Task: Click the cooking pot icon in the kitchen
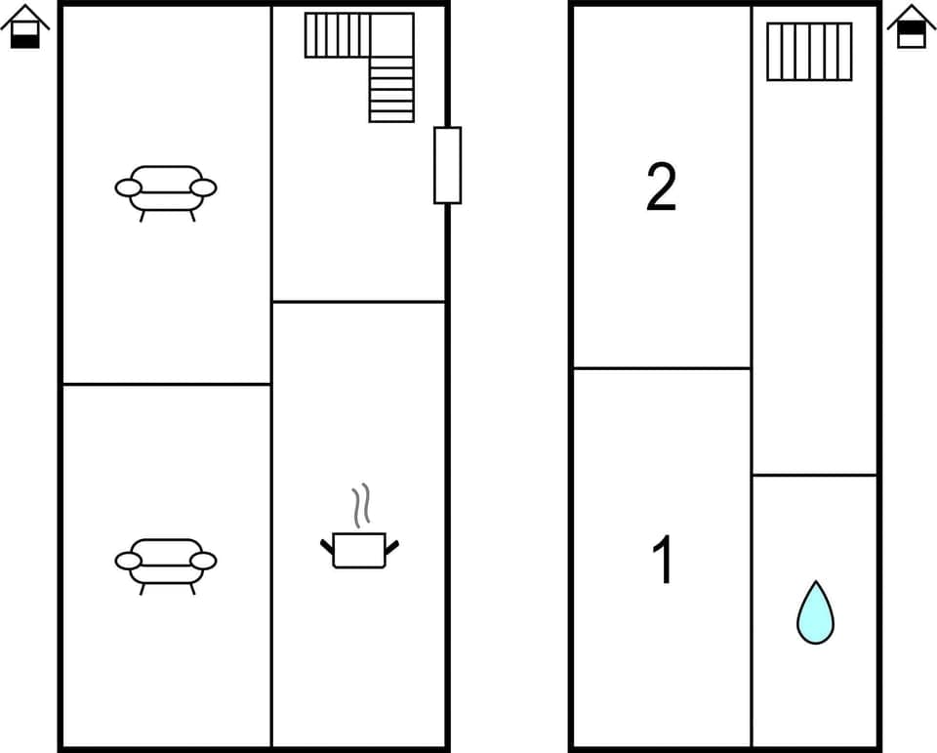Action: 359,550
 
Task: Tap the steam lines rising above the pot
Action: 361,505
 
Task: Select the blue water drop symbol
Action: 815,614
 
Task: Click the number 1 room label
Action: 663,561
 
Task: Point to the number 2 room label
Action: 661,188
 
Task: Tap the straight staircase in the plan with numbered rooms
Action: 809,52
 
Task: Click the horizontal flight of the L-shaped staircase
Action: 337,35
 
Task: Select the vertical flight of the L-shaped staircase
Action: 391,89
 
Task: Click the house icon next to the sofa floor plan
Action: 25,27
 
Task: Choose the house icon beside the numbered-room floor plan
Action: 912,27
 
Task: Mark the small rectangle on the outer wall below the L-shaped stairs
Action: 447,165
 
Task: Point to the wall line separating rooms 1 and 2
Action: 661,368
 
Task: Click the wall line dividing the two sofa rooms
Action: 166,384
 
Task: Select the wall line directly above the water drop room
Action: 815,475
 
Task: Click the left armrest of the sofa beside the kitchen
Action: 128,561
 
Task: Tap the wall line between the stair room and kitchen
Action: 359,302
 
